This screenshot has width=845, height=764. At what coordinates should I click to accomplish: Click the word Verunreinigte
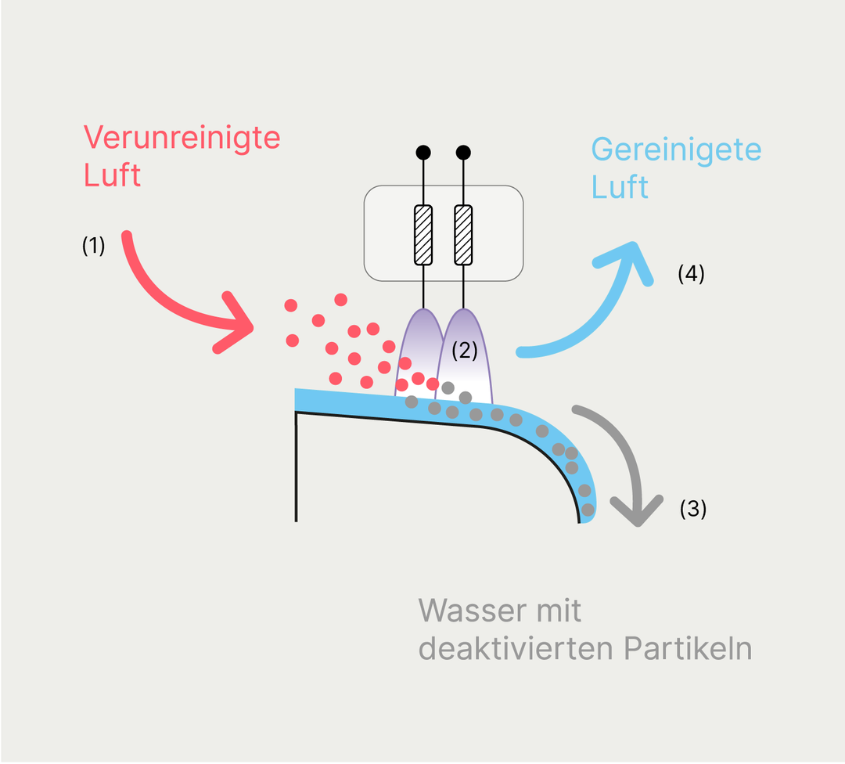pos(182,139)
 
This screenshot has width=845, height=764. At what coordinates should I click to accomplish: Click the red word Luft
pos(113,176)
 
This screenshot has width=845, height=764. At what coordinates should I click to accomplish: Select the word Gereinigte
pos(676,150)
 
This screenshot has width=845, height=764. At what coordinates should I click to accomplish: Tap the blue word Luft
pos(620,188)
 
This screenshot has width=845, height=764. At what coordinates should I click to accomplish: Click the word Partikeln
pos(688,649)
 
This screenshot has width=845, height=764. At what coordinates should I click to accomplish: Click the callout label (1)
pos(93,245)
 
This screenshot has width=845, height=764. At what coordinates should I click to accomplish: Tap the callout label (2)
pos(465,350)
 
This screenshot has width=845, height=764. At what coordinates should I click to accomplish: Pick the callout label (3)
pos(692,509)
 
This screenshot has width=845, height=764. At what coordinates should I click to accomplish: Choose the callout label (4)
pos(691,274)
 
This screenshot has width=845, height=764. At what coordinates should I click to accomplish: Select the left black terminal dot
pos(423,152)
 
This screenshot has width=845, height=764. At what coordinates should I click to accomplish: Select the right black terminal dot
pos(463,152)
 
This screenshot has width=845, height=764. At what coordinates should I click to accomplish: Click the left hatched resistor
pos(423,235)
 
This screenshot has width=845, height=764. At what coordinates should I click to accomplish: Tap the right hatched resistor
pos(463,235)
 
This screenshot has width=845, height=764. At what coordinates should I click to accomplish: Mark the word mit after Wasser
pos(554,611)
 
